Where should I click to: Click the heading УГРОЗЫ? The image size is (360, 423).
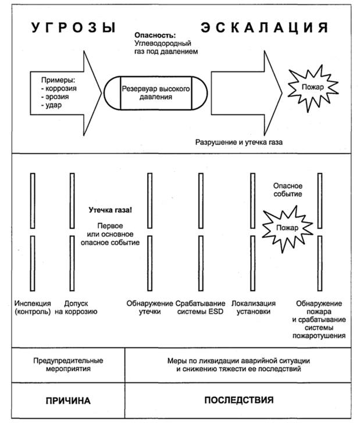coord(73,27)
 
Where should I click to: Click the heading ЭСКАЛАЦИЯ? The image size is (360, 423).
coord(265,27)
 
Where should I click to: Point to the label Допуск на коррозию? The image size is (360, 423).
coord(76,307)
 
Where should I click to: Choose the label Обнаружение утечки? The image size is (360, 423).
coord(150,307)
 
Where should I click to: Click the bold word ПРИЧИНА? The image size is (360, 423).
coord(69,400)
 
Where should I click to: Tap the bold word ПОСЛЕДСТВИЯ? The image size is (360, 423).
coord(239,400)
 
